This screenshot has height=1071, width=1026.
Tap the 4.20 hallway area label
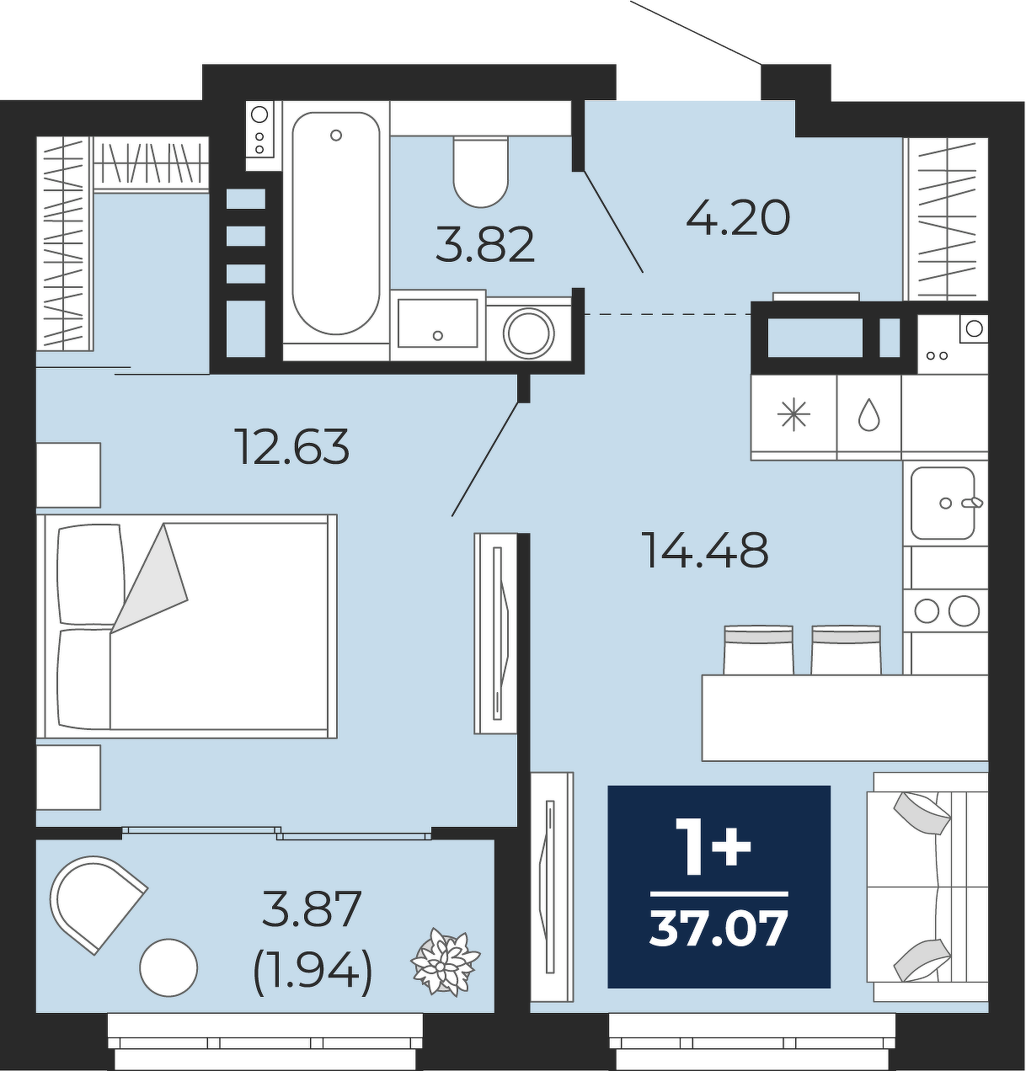click(738, 218)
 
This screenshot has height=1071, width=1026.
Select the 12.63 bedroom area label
click(292, 446)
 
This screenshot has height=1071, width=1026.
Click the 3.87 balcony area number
click(312, 909)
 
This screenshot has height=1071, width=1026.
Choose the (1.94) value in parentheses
click(313, 972)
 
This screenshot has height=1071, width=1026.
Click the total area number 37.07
click(719, 929)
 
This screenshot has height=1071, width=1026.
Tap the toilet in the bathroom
click(480, 172)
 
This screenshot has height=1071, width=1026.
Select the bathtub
click(336, 223)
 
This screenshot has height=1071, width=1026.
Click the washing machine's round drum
click(528, 332)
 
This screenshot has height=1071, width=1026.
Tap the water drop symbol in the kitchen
click(869, 417)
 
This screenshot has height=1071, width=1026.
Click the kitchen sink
click(943, 503)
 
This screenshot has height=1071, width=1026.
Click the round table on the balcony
click(168, 967)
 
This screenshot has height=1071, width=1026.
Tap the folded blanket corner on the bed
click(150, 578)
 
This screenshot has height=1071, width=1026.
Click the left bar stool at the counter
click(758, 650)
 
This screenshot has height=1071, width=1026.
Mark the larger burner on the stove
click(964, 610)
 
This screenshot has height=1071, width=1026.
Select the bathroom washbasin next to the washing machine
click(438, 323)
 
